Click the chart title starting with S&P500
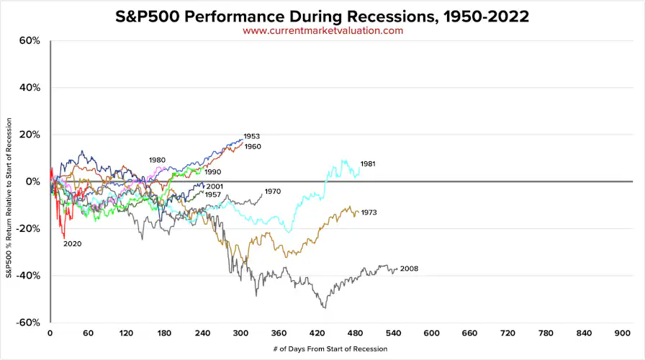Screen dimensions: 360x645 pos(322,16)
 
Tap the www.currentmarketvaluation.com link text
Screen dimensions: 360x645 pos(322,31)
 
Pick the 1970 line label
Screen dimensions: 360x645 pos(272,192)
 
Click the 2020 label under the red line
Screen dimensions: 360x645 pos(73,244)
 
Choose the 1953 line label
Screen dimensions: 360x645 pos(252,136)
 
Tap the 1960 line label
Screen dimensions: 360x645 pos(253,147)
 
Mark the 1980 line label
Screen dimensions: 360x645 pos(158,160)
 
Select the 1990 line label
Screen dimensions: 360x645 pos(212,173)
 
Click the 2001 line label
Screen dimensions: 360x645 pos(215,186)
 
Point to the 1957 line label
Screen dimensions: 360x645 pos(212,195)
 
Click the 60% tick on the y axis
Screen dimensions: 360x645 pos(29,41)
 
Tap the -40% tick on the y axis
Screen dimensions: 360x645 pos(27,276)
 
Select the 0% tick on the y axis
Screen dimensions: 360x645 pos(32,182)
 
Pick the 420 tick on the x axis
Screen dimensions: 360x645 pos(317,334)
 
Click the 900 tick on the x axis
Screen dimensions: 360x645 pos(623,334)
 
